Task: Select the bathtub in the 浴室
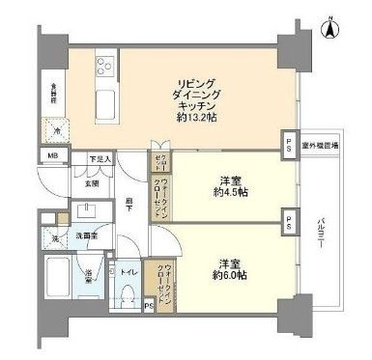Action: click(x=61, y=280)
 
